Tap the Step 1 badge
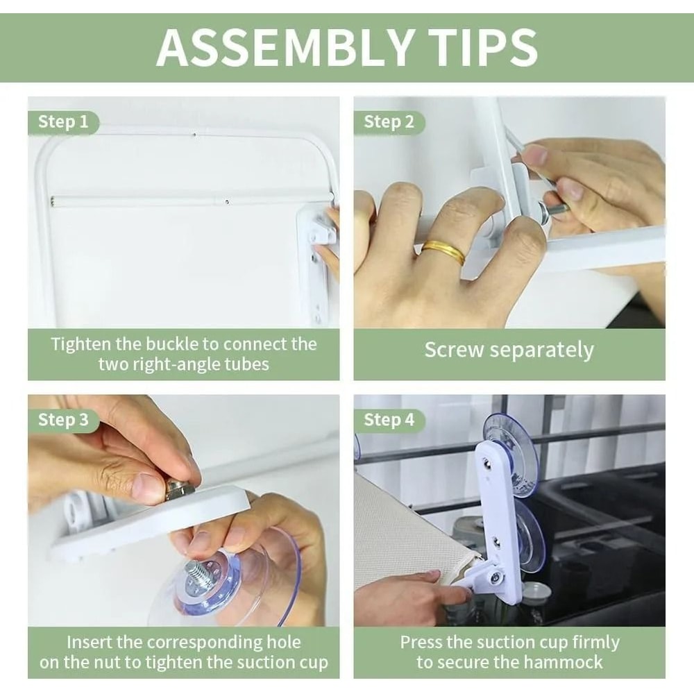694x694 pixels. point(63,122)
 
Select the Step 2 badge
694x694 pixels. point(389,122)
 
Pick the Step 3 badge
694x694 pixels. point(63,420)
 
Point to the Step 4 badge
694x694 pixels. point(389,420)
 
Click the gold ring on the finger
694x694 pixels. point(443,253)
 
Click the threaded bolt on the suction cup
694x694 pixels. point(197,571)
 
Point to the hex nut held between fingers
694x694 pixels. point(179,491)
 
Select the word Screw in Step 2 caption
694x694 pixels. point(454,350)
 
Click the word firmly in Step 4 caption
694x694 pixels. point(595,642)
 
